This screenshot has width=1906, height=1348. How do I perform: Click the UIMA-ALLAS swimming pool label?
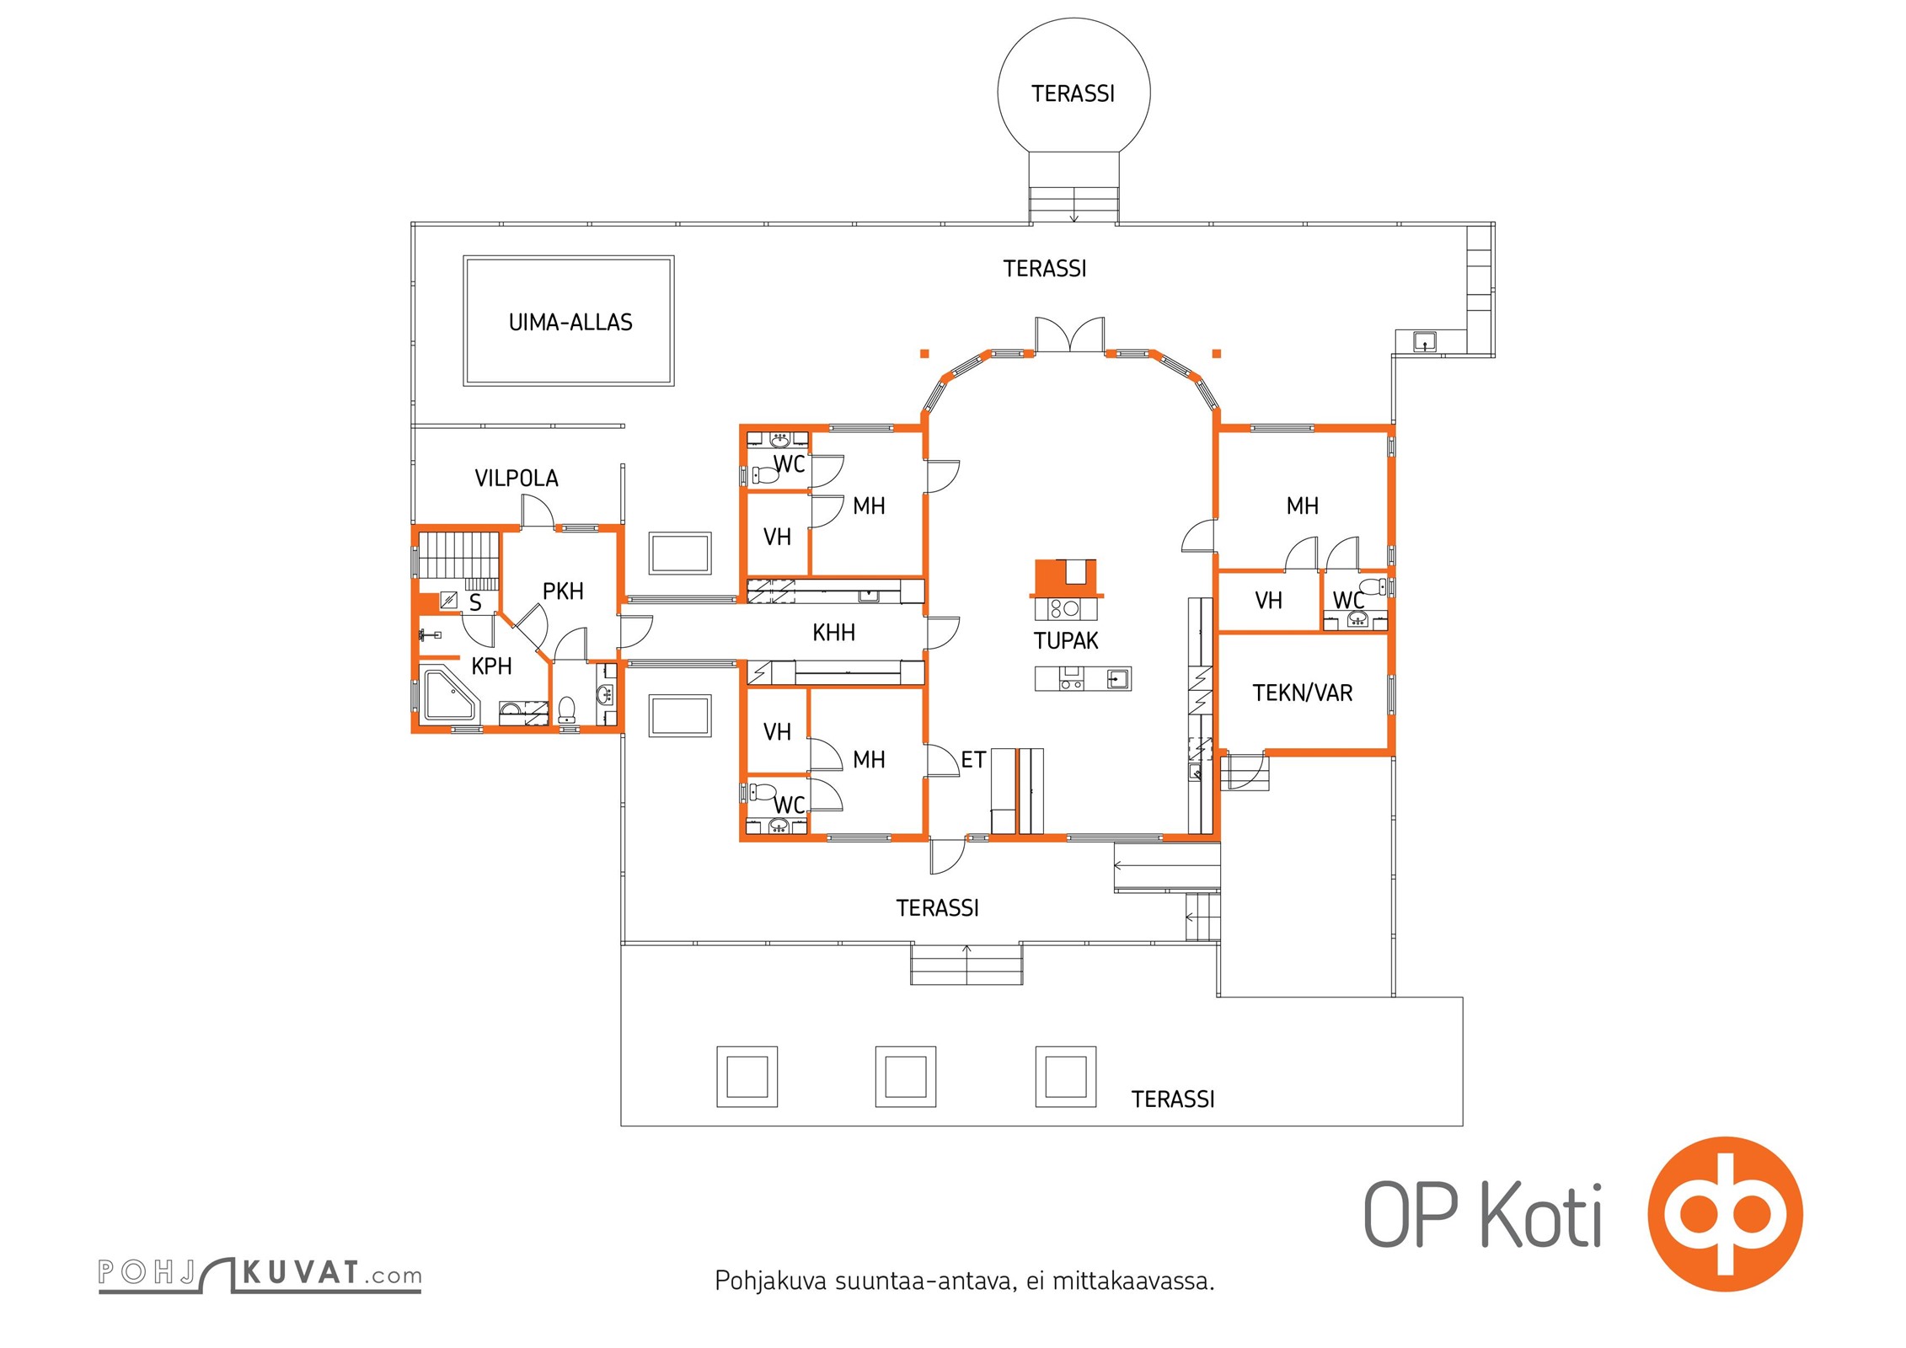pyautogui.click(x=570, y=323)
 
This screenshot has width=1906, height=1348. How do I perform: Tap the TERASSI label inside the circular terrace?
pyautogui.click(x=1073, y=94)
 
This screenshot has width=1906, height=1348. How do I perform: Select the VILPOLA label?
pyautogui.click(x=517, y=479)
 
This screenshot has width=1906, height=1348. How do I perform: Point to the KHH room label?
pyautogui.click(x=833, y=633)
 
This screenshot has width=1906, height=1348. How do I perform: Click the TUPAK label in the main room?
pyautogui.click(x=1066, y=641)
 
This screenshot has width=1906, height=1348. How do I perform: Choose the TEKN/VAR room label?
pyautogui.click(x=1302, y=693)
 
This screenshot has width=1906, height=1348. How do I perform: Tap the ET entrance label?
pyautogui.click(x=973, y=760)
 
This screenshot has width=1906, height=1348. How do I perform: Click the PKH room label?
pyautogui.click(x=563, y=591)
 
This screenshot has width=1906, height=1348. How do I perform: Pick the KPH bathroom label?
pyautogui.click(x=491, y=666)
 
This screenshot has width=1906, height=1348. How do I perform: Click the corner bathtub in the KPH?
pyautogui.click(x=448, y=694)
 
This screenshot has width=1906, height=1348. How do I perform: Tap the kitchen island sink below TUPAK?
pyautogui.click(x=1117, y=678)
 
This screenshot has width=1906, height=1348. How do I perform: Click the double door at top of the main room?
pyautogui.click(x=1069, y=334)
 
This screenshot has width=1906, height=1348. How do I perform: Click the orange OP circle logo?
pyautogui.click(x=1725, y=1214)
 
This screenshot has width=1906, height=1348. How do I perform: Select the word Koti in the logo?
pyautogui.click(x=1542, y=1216)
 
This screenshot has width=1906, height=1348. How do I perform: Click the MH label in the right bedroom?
pyautogui.click(x=1302, y=506)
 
